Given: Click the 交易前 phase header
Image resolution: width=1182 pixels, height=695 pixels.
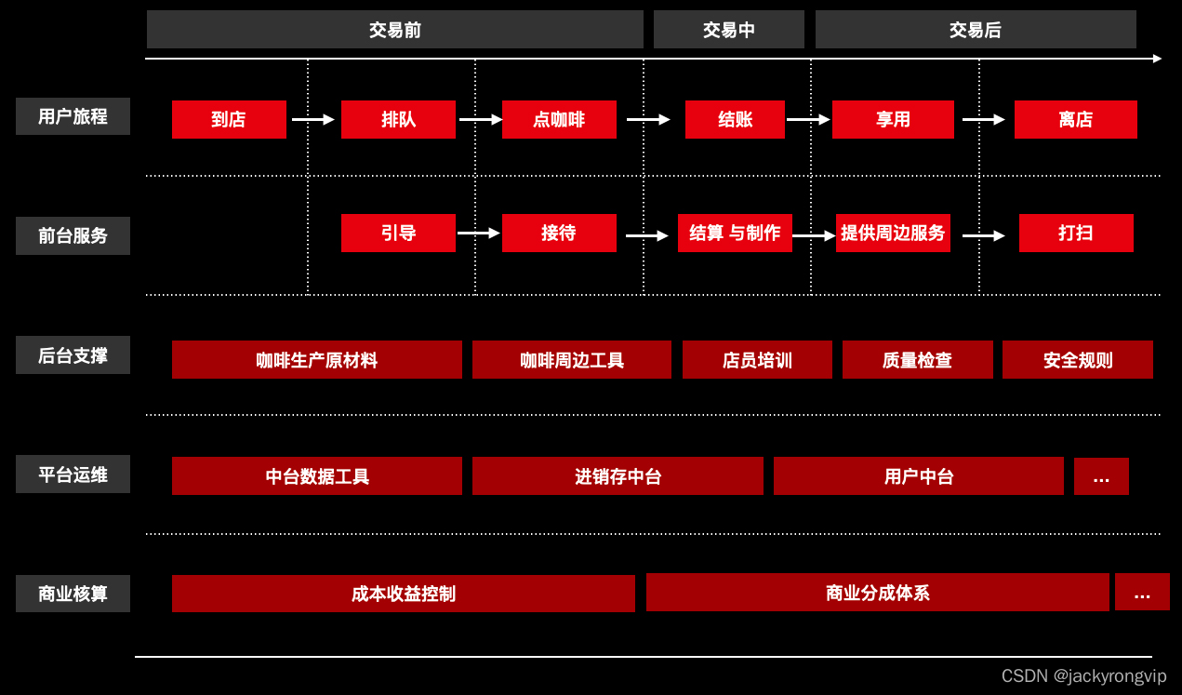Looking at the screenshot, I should coord(394,30).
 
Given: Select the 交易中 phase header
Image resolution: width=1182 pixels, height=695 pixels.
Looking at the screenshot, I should coord(728,30).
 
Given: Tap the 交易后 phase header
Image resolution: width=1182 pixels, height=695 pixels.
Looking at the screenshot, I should coord(975,30).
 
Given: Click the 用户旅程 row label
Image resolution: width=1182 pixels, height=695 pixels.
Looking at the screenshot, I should coord(73,116).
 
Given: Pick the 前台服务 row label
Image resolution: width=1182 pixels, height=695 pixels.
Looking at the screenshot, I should coord(73,235).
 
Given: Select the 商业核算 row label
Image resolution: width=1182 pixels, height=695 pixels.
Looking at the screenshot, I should coord(73,594).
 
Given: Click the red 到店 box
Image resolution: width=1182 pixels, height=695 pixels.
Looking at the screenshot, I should coord(229,119).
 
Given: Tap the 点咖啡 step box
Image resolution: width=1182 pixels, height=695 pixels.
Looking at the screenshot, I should coord(559,119).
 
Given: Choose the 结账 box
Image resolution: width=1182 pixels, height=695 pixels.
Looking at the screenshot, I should coord(735,119).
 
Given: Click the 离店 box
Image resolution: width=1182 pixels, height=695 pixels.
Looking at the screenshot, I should coord(1075,119).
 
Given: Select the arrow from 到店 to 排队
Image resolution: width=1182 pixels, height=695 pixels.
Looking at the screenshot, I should coord(312,119).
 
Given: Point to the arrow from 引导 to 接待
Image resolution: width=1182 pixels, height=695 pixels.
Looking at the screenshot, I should coord(478,234).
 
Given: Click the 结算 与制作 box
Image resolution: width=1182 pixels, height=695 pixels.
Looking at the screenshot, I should coord(735,233).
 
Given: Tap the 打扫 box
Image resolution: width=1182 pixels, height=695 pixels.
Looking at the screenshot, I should coord(1076,233).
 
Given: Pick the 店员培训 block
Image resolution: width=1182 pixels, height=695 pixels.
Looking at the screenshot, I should coord(757,360).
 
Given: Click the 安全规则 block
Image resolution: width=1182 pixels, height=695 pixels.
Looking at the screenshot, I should coord(1077,360).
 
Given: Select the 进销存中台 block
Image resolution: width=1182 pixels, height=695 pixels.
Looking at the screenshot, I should coord(618,476).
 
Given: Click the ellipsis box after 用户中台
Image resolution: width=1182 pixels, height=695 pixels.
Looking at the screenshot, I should coord(1101,476).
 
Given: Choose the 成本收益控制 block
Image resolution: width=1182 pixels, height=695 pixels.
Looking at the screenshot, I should coord(403,594).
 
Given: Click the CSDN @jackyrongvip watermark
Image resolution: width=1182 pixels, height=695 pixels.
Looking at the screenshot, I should coord(1083,676).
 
